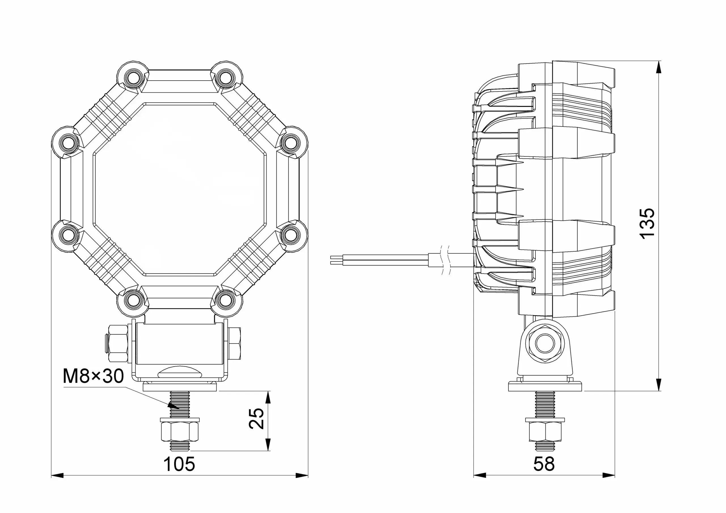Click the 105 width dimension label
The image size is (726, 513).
[179, 464]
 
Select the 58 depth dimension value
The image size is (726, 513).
[544, 464]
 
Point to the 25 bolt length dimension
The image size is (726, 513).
[256, 419]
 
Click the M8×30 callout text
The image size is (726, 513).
[93, 376]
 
